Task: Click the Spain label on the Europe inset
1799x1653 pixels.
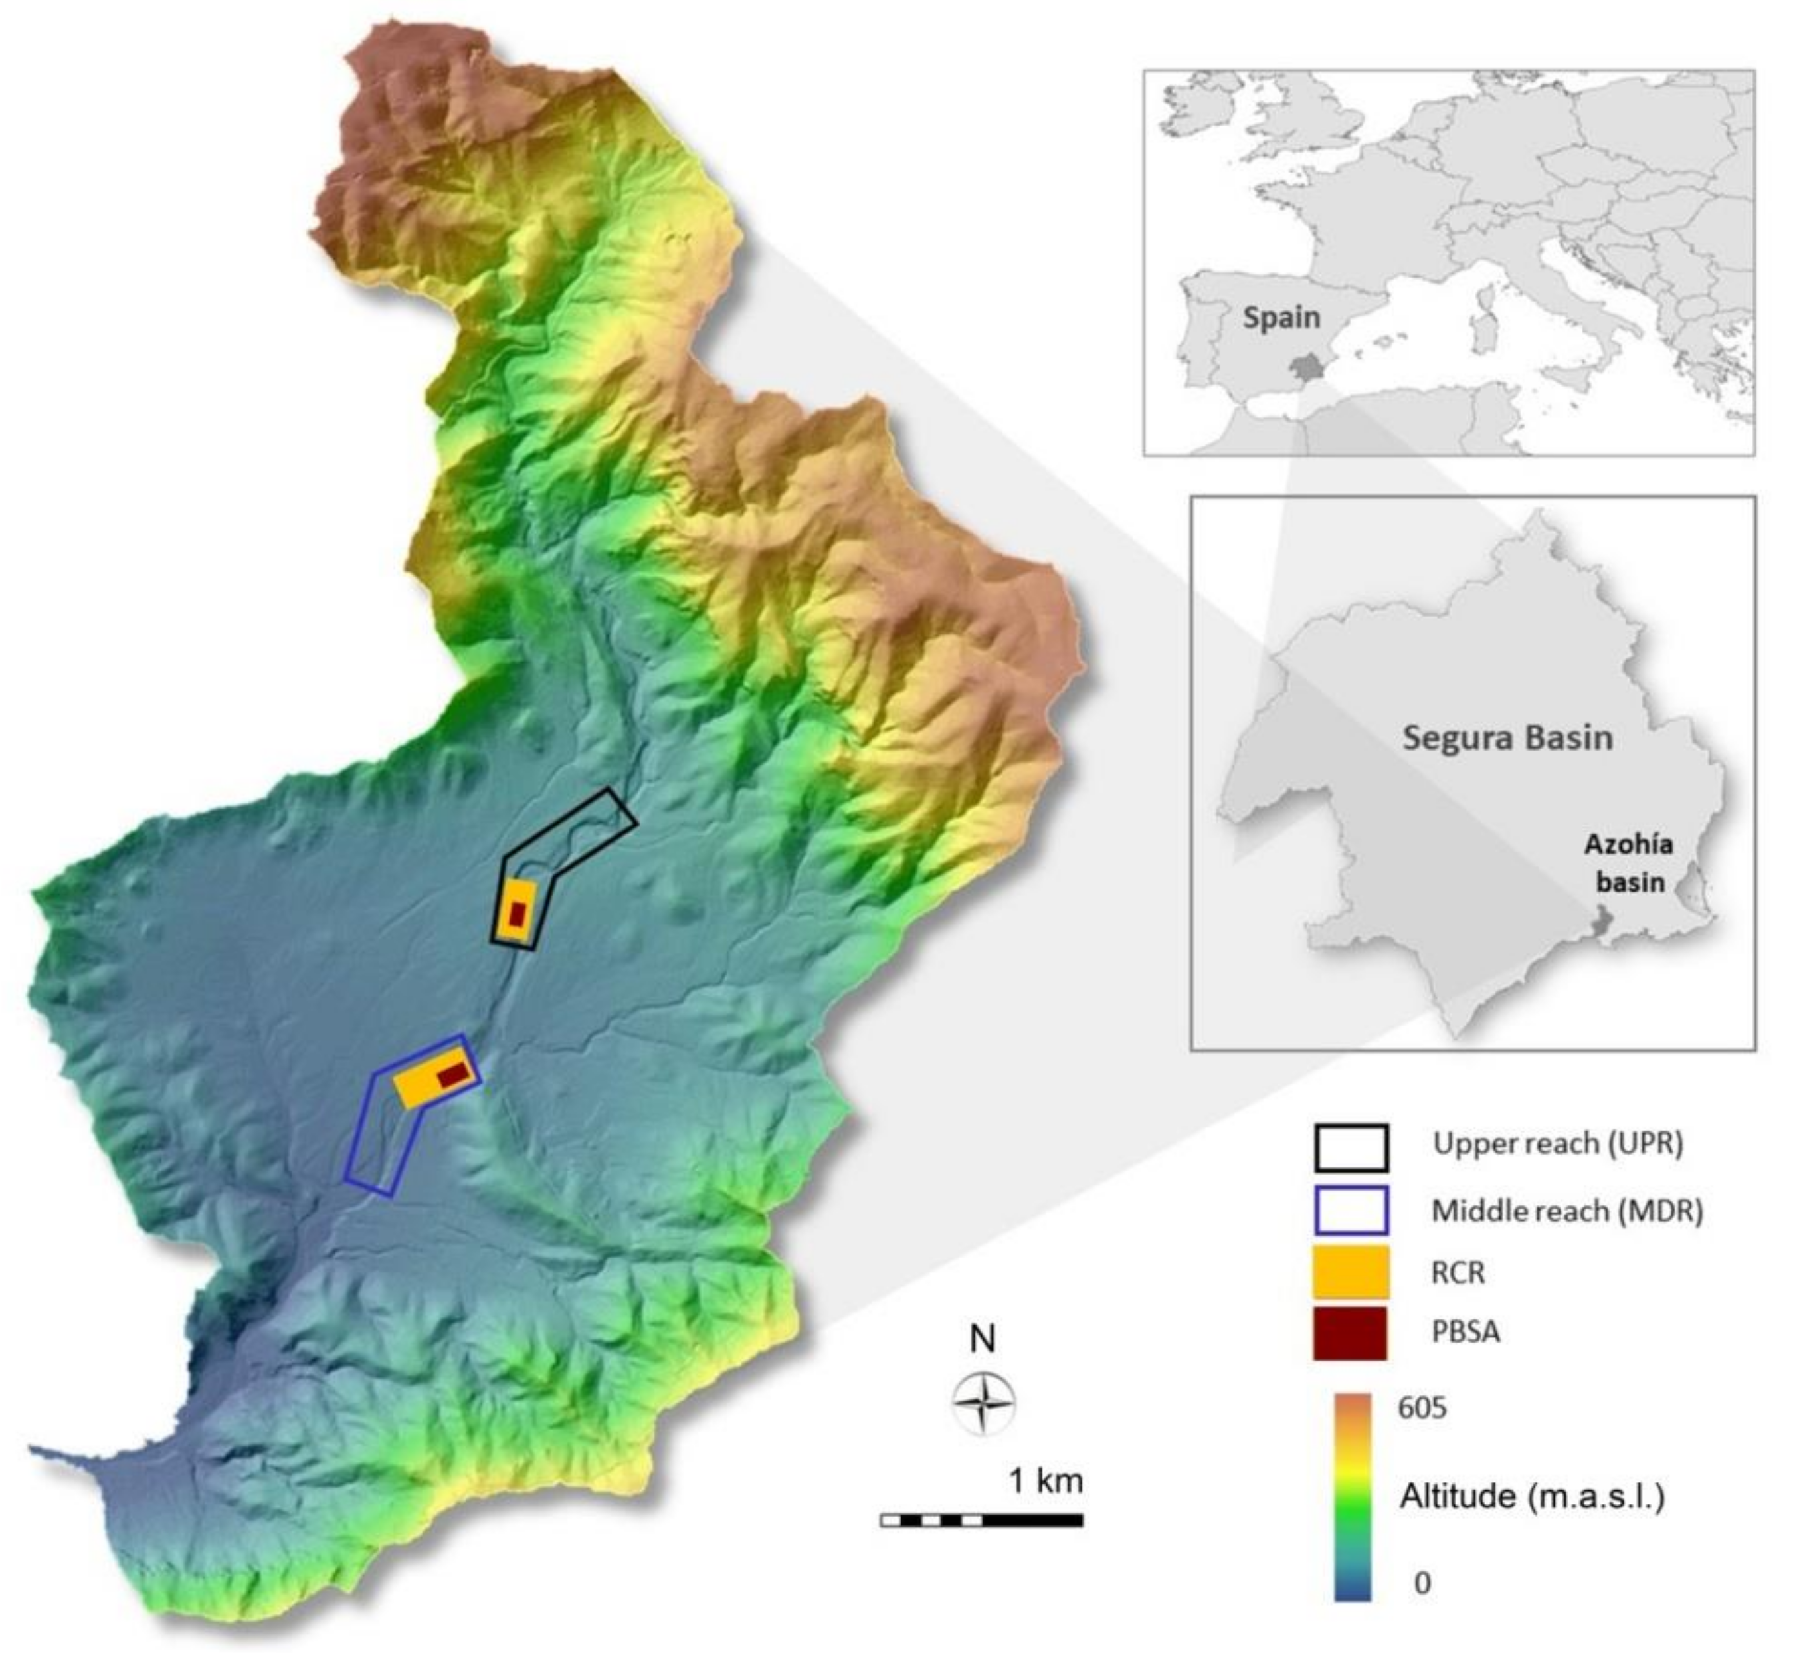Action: [1281, 318]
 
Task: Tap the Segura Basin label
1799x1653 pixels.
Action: [1507, 738]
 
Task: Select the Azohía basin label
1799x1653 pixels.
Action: [1629, 863]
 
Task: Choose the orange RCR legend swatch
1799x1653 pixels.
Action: [1351, 1272]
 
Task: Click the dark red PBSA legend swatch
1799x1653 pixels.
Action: [1351, 1333]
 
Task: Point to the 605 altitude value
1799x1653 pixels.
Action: [1422, 1409]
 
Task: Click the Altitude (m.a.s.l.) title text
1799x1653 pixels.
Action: [1531, 1496]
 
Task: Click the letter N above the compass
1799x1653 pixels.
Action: [983, 1339]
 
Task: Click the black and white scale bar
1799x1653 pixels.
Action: [981, 1519]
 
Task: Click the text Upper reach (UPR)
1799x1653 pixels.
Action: [1557, 1144]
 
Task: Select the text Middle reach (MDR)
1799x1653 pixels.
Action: [1566, 1211]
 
